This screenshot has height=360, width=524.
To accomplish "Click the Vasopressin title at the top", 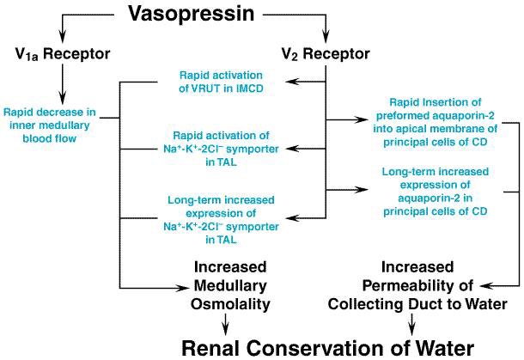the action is click(192, 14).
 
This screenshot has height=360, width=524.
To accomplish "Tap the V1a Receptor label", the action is click(63, 54).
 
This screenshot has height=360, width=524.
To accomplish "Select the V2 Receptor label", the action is click(326, 54).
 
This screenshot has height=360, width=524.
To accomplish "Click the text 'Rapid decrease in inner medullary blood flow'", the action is click(50, 125).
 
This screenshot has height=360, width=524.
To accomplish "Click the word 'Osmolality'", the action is click(230, 304).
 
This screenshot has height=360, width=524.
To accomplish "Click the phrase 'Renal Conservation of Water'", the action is click(328, 348).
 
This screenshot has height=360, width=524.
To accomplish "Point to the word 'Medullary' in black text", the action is click(230, 286).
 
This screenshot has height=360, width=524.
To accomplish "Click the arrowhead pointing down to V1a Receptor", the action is click(62, 37).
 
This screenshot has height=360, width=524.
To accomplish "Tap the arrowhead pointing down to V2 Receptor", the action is click(326, 37).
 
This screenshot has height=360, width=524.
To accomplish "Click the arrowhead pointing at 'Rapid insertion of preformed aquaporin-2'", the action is click(361, 119).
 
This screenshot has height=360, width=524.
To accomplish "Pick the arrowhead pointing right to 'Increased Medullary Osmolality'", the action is click(180, 288).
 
